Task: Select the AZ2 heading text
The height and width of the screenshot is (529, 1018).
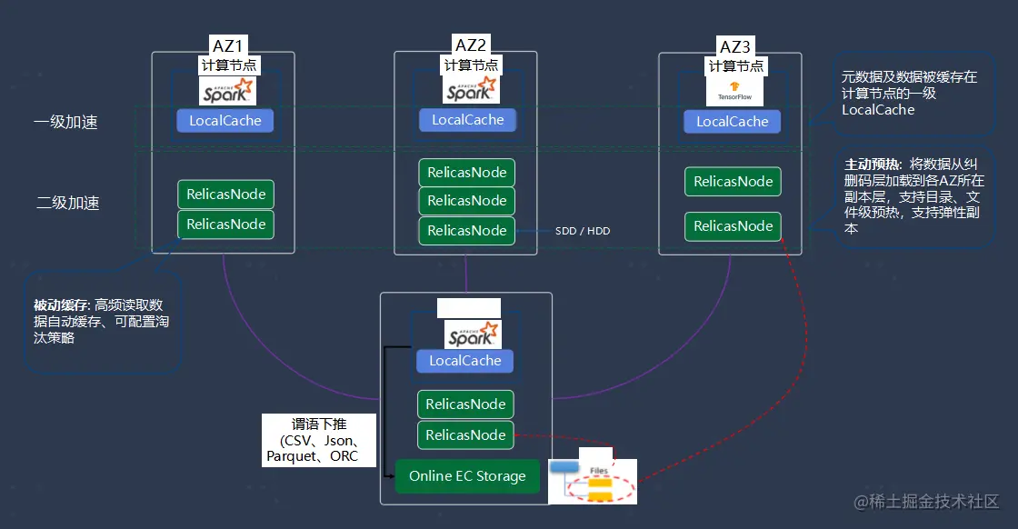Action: click(x=470, y=45)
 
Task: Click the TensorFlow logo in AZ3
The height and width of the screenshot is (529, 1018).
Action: click(x=734, y=92)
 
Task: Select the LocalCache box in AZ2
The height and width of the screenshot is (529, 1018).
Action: click(x=467, y=120)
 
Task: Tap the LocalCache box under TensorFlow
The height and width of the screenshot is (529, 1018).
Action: click(x=732, y=122)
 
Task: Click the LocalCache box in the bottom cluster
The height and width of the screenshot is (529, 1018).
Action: click(x=465, y=361)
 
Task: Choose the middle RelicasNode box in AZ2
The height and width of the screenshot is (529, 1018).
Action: click(x=467, y=201)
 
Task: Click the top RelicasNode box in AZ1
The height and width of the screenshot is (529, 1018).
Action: click(x=225, y=195)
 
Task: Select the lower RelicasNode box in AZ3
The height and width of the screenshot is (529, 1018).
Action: click(x=733, y=226)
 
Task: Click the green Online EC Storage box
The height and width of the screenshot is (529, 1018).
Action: click(x=467, y=476)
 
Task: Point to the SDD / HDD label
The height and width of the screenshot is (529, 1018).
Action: click(x=583, y=232)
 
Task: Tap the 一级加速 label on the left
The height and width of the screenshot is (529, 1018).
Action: click(x=66, y=122)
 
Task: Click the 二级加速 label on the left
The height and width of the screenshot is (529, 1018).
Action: click(x=67, y=203)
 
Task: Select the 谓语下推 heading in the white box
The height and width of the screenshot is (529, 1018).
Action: click(x=318, y=424)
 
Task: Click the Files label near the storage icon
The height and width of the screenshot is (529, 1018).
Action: click(x=599, y=470)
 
